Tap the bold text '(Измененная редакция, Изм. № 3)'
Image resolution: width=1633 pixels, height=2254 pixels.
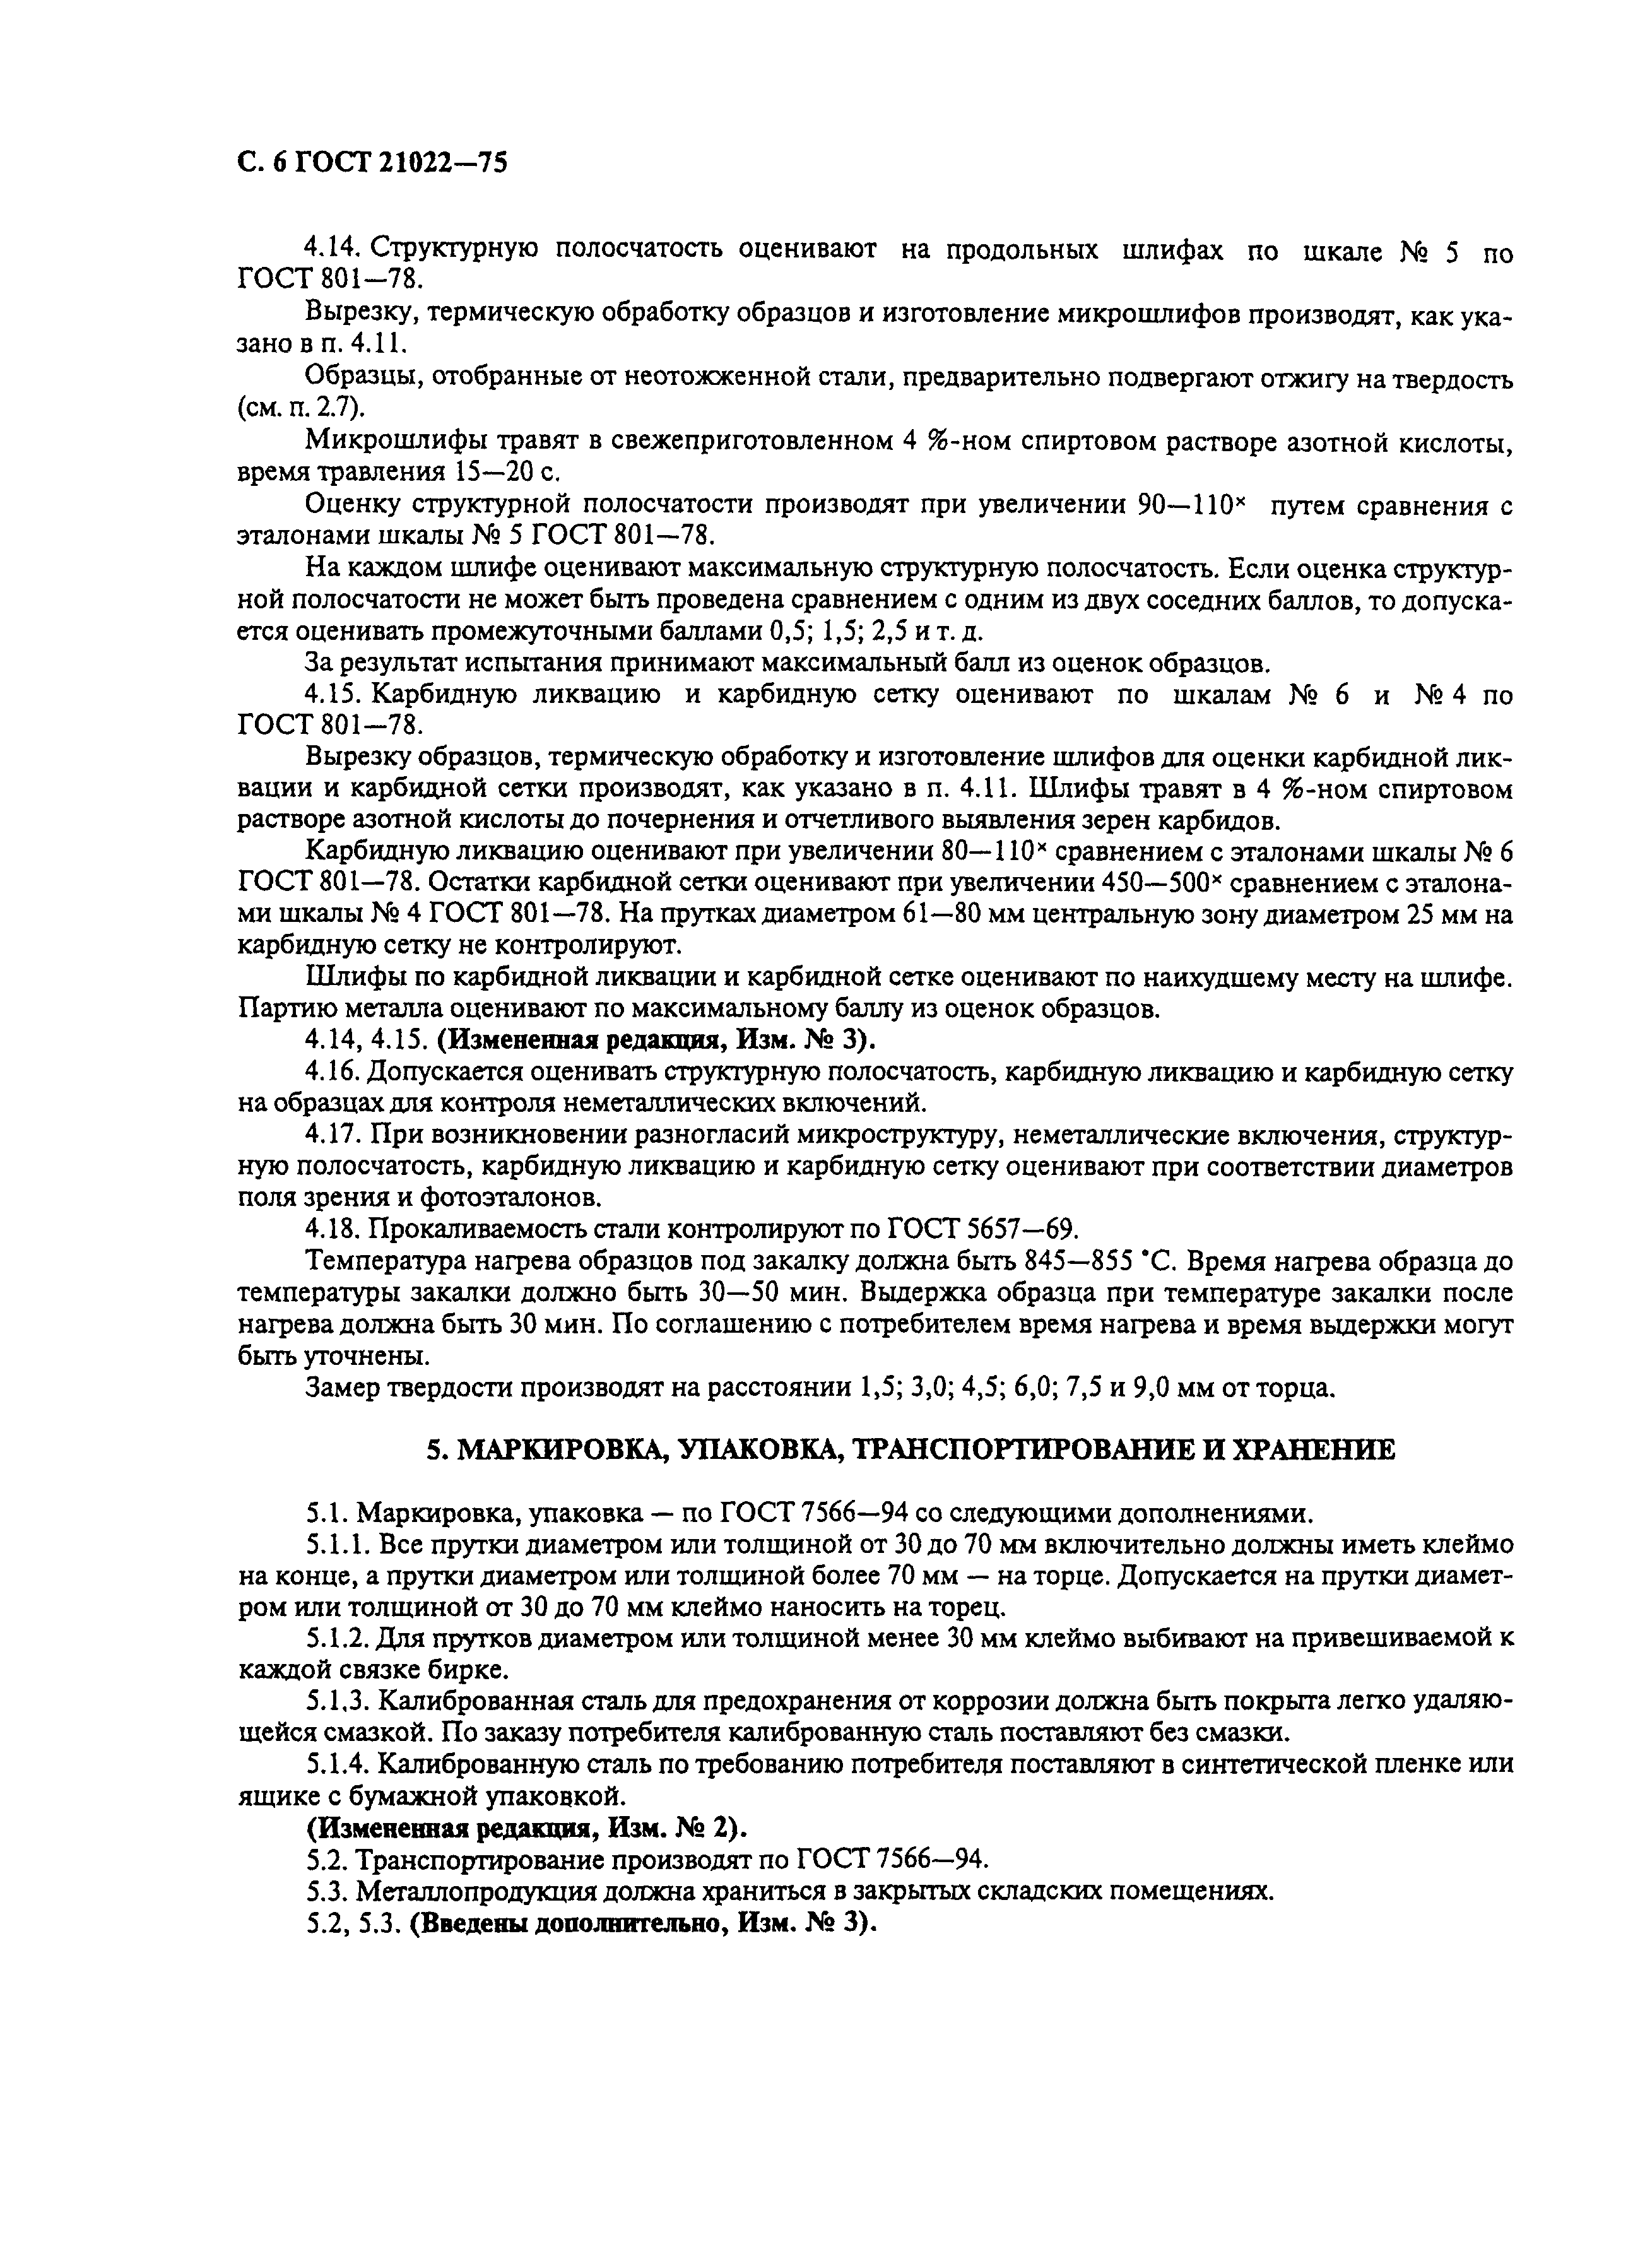[657, 1039]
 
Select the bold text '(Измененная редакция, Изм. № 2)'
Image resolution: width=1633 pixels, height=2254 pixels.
[526, 1827]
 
